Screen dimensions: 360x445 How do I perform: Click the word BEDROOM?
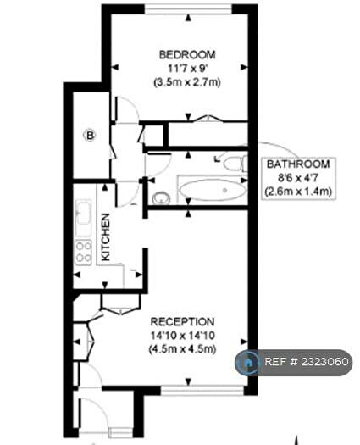click(187, 54)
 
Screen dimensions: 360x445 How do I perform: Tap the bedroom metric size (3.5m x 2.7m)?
click(187, 82)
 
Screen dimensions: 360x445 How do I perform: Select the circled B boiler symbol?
click(90, 136)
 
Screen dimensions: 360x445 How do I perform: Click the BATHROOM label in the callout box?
click(298, 164)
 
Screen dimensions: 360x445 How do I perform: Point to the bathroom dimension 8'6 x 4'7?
click(298, 178)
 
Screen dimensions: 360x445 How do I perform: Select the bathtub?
click(213, 190)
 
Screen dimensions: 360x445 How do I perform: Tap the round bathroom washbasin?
click(161, 197)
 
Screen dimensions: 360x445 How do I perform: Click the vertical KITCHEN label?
click(105, 237)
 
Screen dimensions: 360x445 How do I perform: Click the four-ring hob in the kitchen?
click(83, 253)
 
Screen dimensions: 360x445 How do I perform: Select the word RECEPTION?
click(182, 322)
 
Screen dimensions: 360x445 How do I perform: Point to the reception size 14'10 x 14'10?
click(182, 336)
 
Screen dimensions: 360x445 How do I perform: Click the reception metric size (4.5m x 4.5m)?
click(182, 348)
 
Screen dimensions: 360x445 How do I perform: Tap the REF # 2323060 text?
click(307, 362)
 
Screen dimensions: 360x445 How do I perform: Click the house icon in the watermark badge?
click(247, 363)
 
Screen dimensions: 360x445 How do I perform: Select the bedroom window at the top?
click(188, 8)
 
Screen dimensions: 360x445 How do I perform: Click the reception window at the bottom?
click(202, 391)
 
